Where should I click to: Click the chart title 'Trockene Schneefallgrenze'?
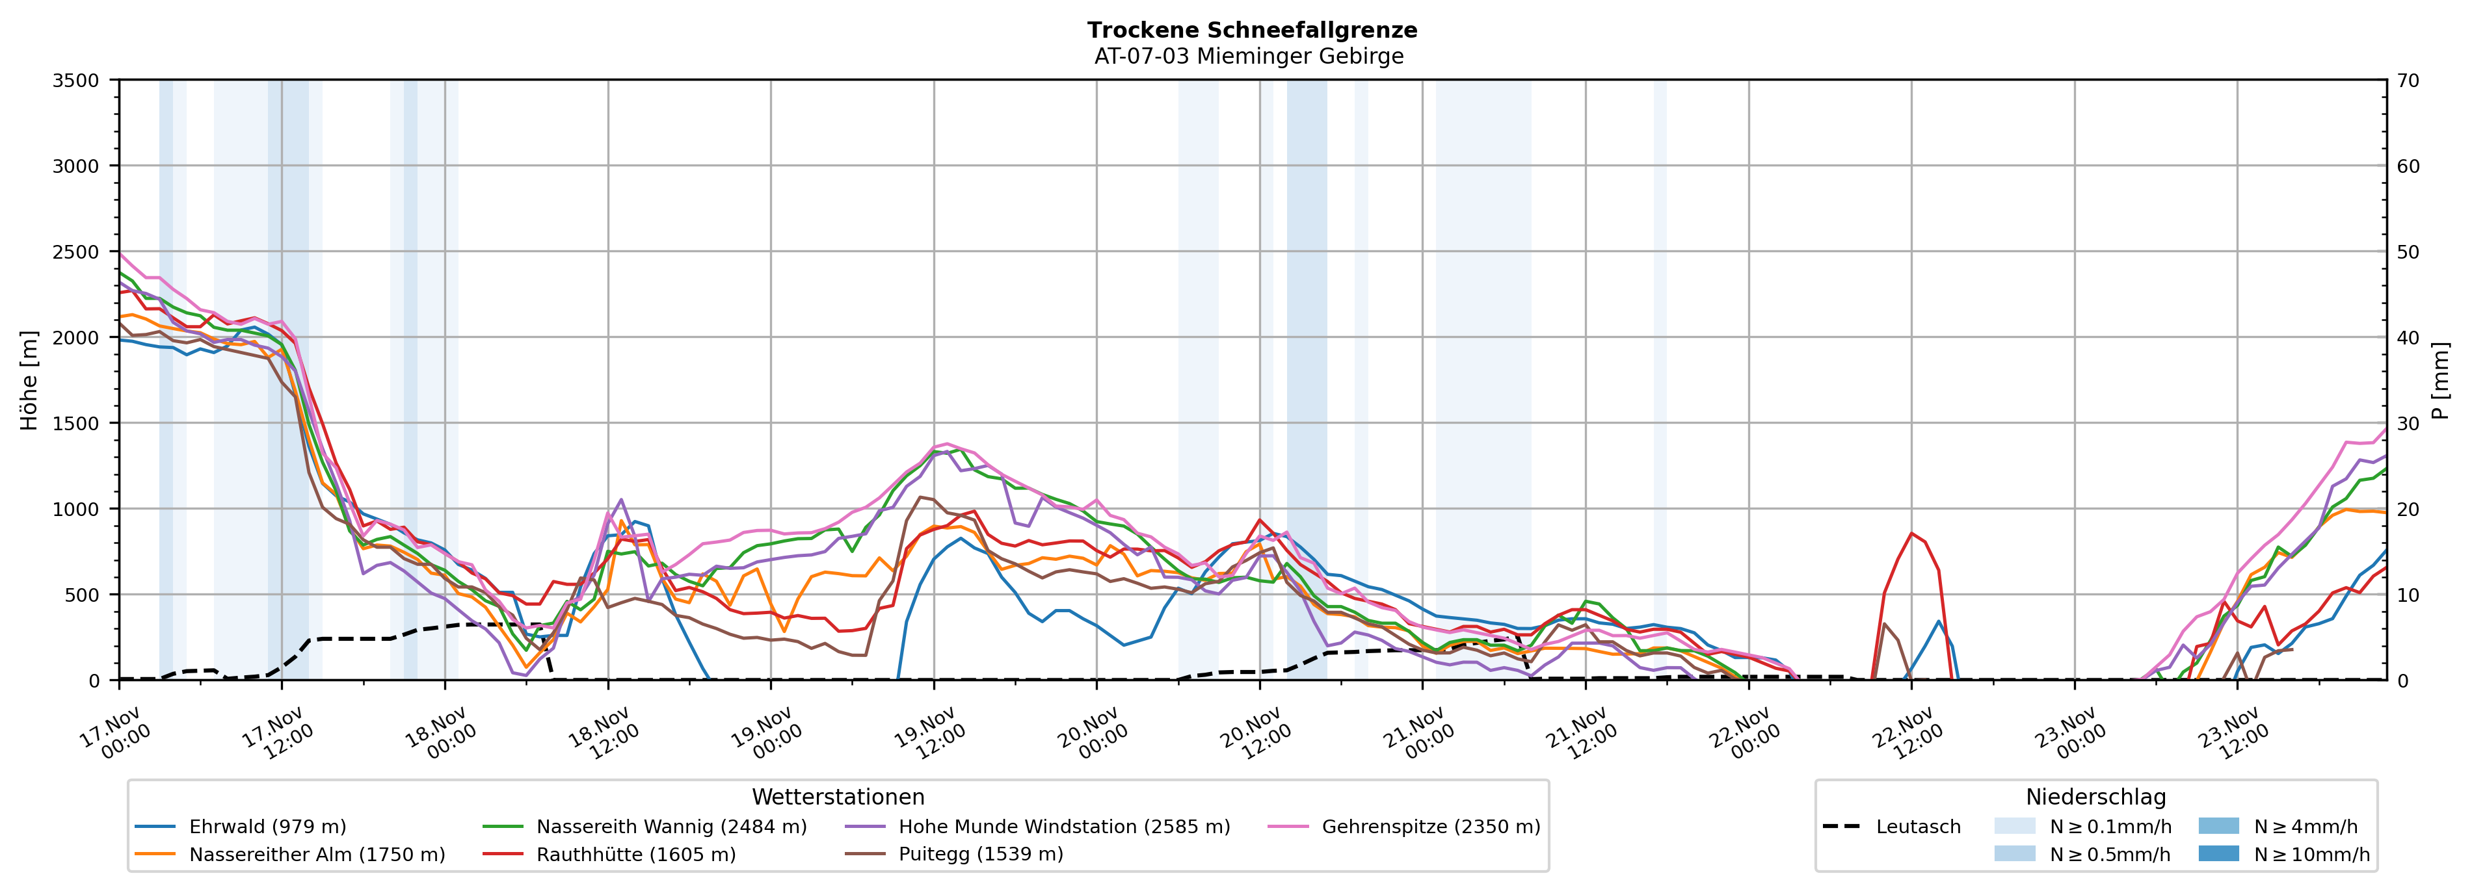(x=1251, y=30)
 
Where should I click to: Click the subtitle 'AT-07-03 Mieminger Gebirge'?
(x=1249, y=56)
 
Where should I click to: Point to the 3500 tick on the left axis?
(x=76, y=81)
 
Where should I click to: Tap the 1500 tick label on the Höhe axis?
(x=76, y=423)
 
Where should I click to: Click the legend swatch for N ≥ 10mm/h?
(x=2218, y=853)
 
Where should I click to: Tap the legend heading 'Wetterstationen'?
(x=838, y=797)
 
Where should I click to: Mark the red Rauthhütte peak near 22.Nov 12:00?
(x=1911, y=534)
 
